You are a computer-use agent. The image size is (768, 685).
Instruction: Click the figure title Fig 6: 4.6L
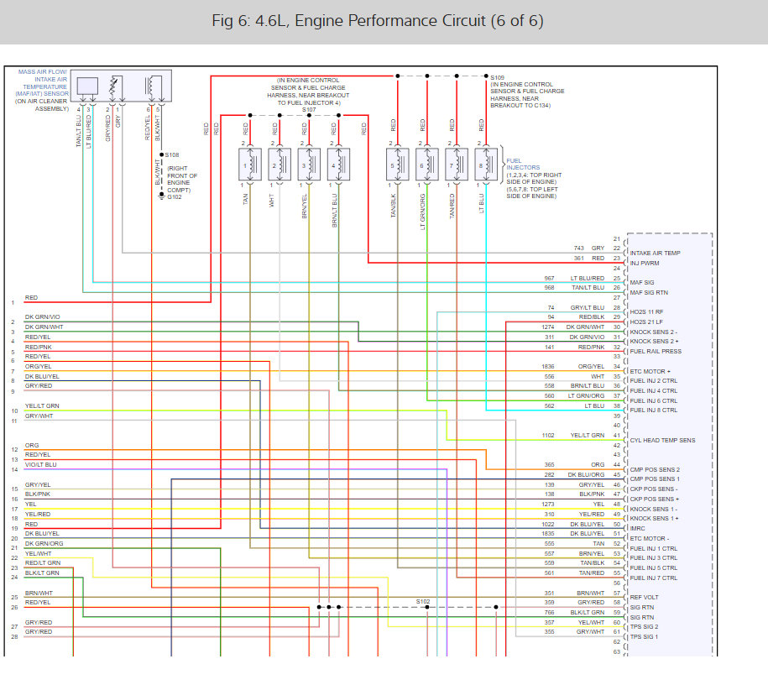pyautogui.click(x=378, y=21)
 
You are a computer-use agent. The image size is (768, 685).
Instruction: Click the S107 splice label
pyautogui.click(x=309, y=109)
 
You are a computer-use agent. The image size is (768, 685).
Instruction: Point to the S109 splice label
pyautogui.click(x=499, y=77)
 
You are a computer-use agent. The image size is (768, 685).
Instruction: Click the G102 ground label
pyautogui.click(x=174, y=197)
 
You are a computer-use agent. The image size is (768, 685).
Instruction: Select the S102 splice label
pyautogui.click(x=423, y=601)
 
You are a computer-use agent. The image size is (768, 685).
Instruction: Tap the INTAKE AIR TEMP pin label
pyautogui.click(x=656, y=253)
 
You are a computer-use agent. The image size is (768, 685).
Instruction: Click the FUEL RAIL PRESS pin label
pyautogui.click(x=656, y=352)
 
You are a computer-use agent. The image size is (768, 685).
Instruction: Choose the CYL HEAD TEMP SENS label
pyautogui.click(x=662, y=440)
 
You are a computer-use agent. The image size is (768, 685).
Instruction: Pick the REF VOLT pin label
pyautogui.click(x=645, y=598)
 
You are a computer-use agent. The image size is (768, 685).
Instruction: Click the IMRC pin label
pyautogui.click(x=640, y=529)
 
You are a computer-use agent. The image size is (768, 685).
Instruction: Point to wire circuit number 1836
pyautogui.click(x=549, y=367)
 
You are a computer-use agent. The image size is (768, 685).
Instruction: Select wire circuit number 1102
pyautogui.click(x=549, y=435)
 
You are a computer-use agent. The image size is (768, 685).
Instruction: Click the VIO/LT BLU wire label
pyautogui.click(x=41, y=464)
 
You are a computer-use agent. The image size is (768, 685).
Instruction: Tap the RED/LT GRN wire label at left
pyautogui.click(x=43, y=562)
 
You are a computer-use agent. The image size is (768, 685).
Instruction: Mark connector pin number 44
pyautogui.click(x=617, y=464)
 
